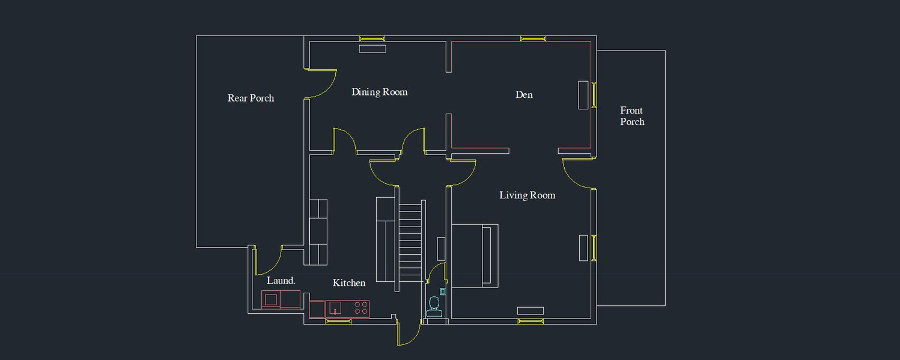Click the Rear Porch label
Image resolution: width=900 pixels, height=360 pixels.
point(251,98)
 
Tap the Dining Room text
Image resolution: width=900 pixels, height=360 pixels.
point(379,92)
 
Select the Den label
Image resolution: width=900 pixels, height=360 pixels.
point(524,94)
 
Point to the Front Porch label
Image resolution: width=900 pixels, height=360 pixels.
point(632,116)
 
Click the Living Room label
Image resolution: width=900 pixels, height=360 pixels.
point(527,195)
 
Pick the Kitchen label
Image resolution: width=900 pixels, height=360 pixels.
point(349,282)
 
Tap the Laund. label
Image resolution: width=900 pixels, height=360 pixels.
point(281,281)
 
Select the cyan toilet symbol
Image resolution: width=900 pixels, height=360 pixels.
point(434,307)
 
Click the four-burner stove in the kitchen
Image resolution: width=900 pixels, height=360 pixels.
point(361,308)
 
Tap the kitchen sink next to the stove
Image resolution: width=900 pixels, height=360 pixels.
point(335,308)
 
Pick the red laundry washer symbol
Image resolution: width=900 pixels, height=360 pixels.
point(271,299)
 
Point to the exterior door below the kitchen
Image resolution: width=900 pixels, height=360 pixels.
point(409,334)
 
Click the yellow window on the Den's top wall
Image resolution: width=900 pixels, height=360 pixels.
point(533,38)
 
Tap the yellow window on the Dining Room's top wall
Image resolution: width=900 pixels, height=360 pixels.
point(372,38)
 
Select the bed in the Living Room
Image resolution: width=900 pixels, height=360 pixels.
point(475,255)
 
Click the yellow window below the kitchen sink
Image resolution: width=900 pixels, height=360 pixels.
point(338,322)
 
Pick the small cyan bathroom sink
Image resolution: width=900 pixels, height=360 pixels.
point(443,291)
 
